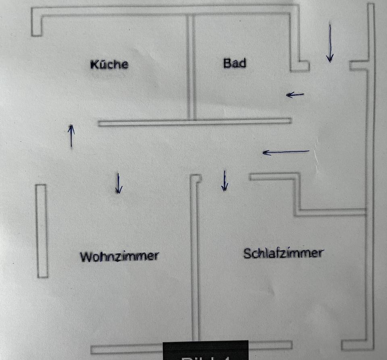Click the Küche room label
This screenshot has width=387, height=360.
[109, 64]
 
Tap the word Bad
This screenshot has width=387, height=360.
[235, 63]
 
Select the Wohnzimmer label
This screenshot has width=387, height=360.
[119, 256]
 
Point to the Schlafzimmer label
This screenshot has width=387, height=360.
[283, 253]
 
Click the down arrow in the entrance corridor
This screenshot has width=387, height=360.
[330, 43]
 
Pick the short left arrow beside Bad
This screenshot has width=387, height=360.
[295, 95]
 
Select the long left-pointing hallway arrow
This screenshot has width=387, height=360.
[286, 152]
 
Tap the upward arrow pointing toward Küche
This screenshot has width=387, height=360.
[71, 136]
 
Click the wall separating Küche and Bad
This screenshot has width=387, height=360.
[191, 67]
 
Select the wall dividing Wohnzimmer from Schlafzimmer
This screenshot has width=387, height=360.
[195, 258]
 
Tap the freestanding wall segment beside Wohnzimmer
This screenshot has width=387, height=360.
[42, 231]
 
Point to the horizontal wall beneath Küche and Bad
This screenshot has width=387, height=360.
[194, 122]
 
